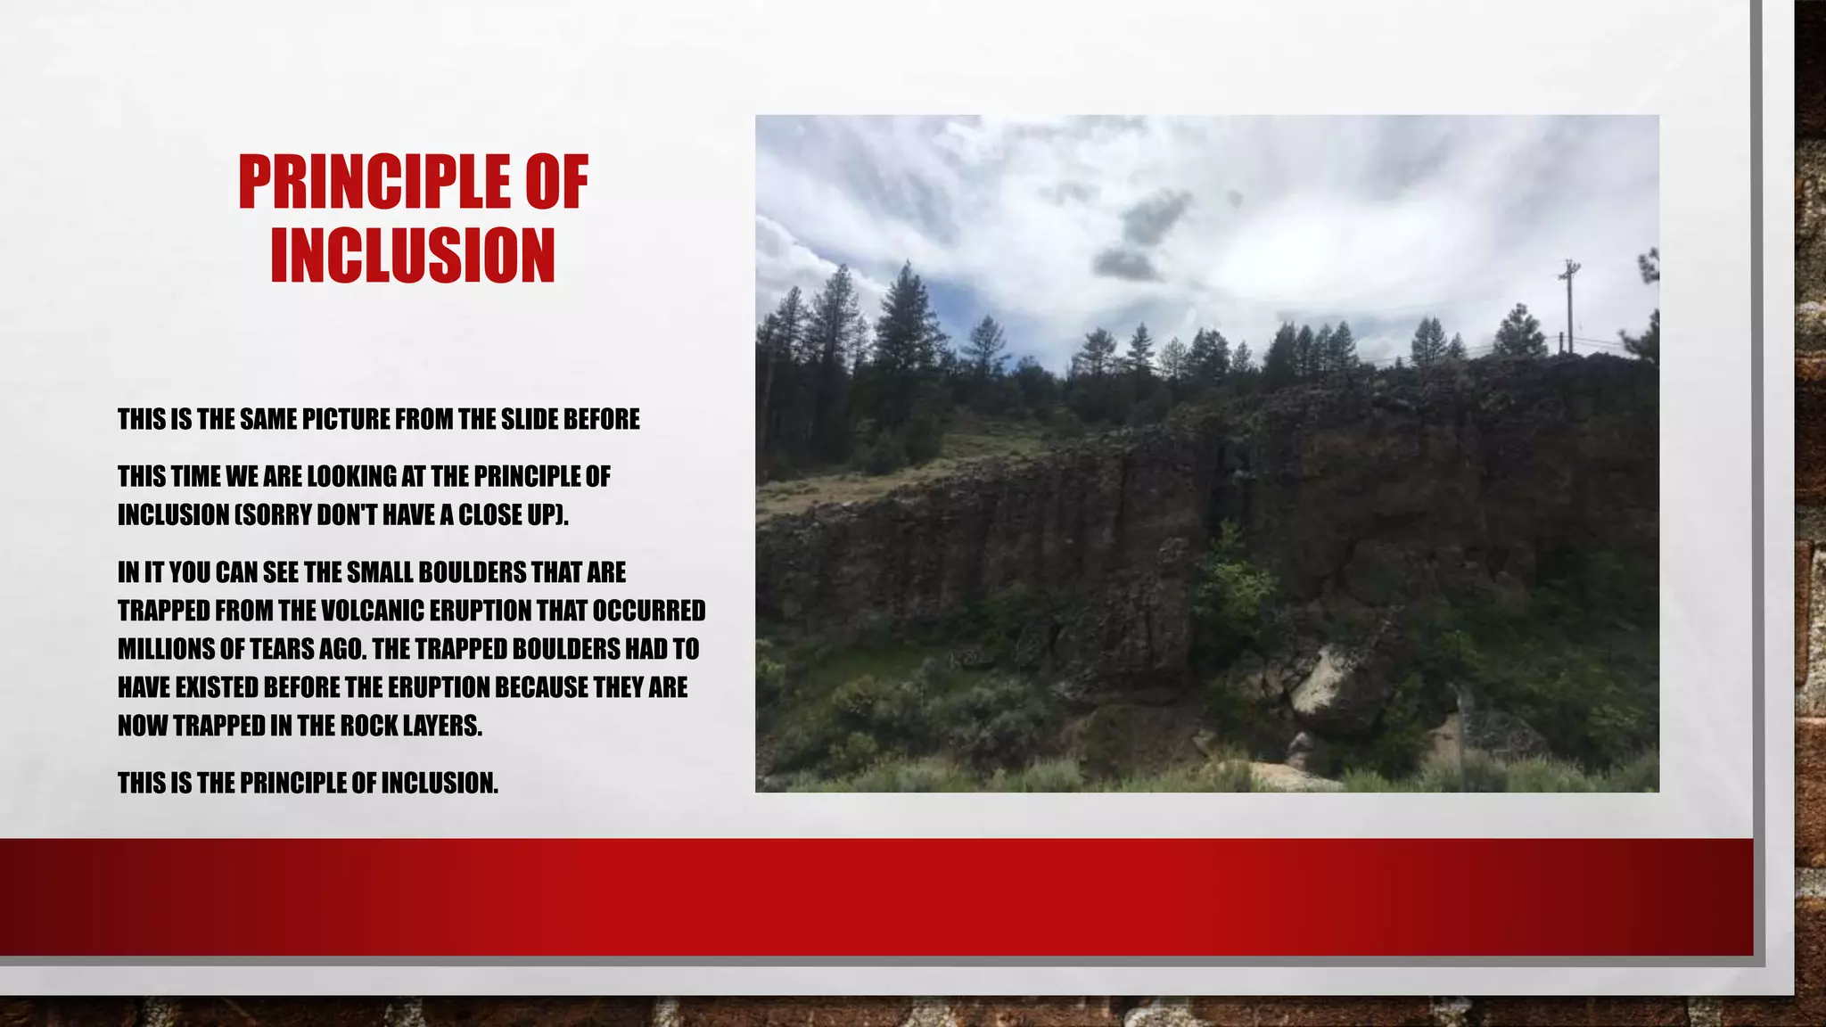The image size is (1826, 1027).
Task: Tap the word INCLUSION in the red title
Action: pyautogui.click(x=413, y=256)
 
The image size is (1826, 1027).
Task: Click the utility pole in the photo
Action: pyautogui.click(x=1569, y=303)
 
